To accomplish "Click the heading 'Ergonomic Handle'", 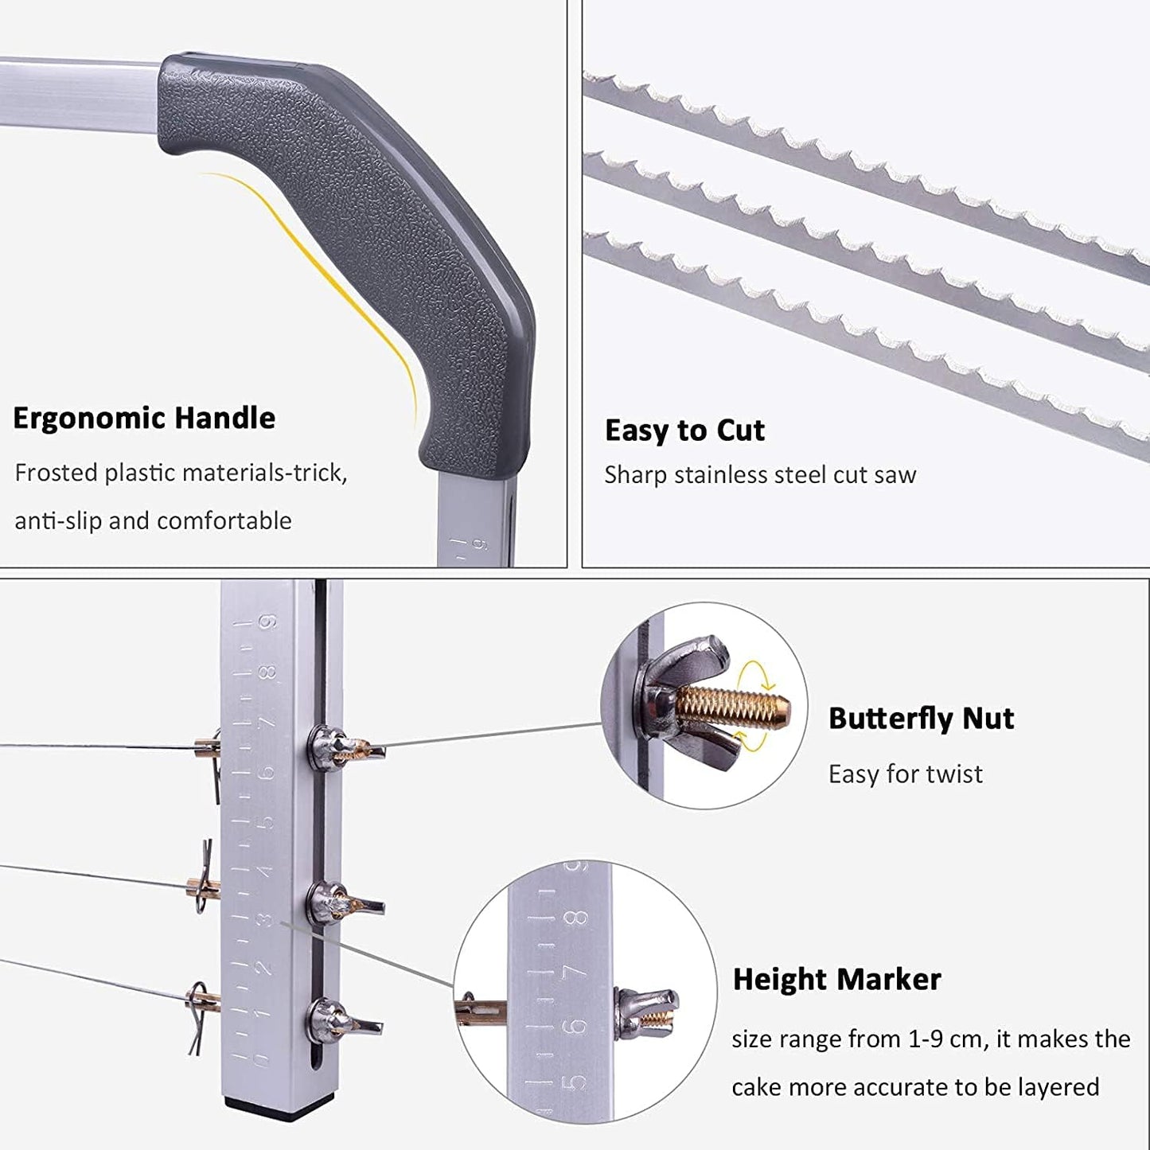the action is (x=144, y=419).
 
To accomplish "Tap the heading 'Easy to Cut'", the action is (x=684, y=431).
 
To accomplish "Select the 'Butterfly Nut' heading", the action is (x=922, y=719).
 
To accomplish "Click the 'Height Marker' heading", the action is (x=836, y=980).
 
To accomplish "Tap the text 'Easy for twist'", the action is (x=906, y=774).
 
